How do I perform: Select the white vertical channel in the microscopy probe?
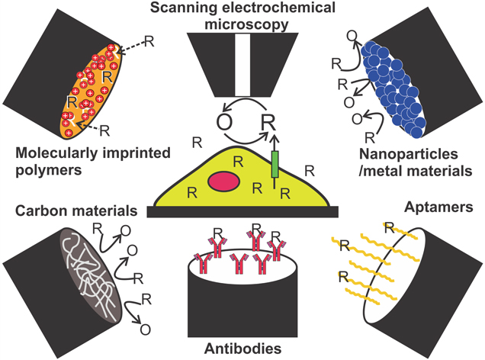click(239, 54)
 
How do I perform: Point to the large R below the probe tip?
click(268, 122)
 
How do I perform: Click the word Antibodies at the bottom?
click(241, 349)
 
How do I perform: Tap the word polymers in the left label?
click(40, 172)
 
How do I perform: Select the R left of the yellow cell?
click(198, 143)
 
